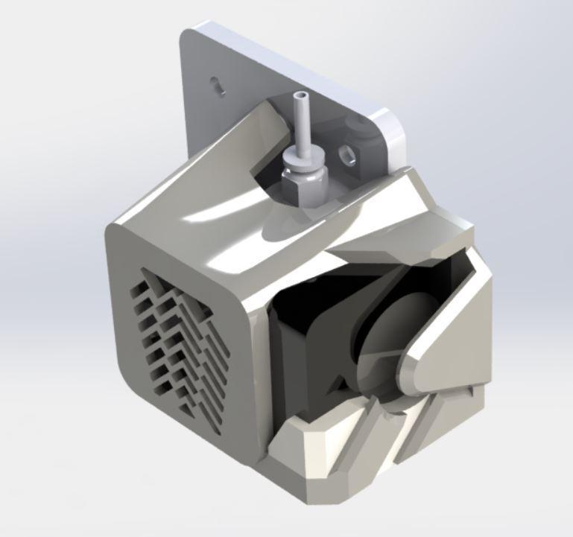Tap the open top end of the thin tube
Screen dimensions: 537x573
click(x=300, y=97)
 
